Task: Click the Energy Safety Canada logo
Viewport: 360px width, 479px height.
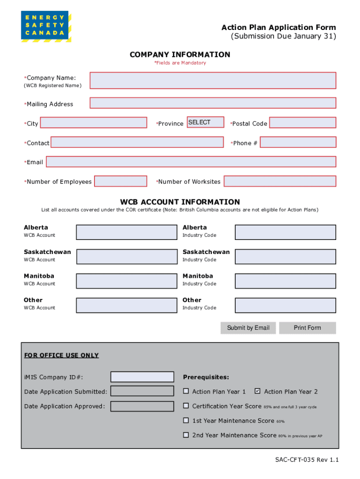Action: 45,26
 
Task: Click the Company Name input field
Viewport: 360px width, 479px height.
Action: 213,80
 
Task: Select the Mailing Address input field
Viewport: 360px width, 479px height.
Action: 213,103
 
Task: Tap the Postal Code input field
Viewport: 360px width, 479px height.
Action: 302,123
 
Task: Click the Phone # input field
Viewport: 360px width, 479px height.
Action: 298,142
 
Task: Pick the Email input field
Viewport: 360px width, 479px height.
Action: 191,162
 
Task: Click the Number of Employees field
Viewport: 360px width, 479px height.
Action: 121,181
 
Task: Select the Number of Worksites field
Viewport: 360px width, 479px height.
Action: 280,181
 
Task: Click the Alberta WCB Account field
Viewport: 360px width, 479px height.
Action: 121,232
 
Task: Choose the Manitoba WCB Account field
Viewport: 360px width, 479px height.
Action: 121,281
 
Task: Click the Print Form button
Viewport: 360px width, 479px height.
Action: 307,328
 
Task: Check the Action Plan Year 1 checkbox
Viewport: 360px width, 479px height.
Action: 186,391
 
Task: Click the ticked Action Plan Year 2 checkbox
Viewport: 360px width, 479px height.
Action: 257,391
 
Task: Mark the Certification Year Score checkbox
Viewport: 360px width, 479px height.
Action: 186,406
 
